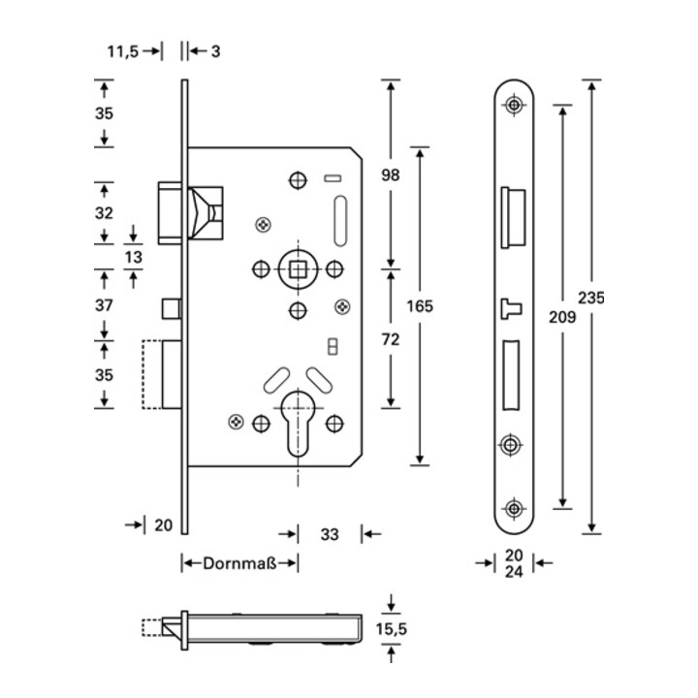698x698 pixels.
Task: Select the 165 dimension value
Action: (x=419, y=305)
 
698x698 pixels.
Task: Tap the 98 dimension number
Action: (x=391, y=175)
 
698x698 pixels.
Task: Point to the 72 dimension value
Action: (x=391, y=339)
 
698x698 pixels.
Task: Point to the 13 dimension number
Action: (x=134, y=256)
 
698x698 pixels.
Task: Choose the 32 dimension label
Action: (x=105, y=212)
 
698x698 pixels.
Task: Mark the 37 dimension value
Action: (x=105, y=305)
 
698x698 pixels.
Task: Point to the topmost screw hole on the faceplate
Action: (x=514, y=105)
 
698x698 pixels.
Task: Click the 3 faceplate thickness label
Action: (x=214, y=50)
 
